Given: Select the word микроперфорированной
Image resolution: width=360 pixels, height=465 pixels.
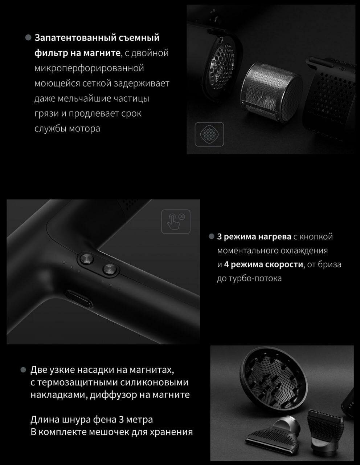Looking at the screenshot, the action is pos(89,68).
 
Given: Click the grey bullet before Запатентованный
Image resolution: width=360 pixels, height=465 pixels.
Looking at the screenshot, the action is pos(28,38).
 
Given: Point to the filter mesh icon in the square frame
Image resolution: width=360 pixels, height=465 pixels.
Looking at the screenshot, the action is pos(209,134).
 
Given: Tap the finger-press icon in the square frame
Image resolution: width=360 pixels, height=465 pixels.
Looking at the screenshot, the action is pos(176,222).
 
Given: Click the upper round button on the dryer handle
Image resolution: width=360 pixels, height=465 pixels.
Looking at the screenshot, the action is pos(87,258).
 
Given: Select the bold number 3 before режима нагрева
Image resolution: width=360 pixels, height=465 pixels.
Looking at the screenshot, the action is pos(219,236).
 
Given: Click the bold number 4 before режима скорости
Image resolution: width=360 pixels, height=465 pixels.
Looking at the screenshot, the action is pos(226,264).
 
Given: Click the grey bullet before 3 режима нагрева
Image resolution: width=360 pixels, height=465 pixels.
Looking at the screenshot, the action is pos(212,236).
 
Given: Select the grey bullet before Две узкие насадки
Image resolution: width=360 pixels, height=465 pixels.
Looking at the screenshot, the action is pos(23,370).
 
